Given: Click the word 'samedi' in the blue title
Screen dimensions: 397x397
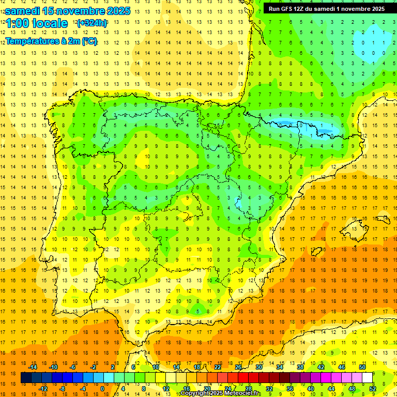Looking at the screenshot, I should (x=23, y=11).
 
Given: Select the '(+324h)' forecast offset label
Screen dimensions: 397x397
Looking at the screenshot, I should (x=91, y=23).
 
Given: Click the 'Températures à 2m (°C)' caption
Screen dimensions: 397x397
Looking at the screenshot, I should (x=51, y=41).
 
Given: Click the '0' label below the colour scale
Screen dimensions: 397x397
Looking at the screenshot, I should (x=102, y=389).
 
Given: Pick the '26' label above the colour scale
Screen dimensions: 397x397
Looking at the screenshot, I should (x=238, y=367).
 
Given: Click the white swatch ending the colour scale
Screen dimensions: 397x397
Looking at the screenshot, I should (x=368, y=378).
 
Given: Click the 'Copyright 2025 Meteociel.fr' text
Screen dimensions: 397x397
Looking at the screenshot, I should (x=220, y=393).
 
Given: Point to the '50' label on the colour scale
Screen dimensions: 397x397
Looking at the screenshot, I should (x=362, y=367).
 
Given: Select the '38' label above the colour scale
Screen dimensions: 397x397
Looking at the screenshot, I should (x=300, y=367).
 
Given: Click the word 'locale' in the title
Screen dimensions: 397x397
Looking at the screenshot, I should (x=49, y=23).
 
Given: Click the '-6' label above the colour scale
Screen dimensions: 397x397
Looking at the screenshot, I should (x=73, y=367).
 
